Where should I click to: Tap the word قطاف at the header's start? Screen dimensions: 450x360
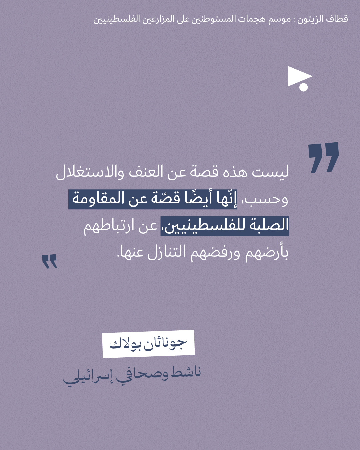337,19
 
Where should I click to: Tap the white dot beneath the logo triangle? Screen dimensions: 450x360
303,87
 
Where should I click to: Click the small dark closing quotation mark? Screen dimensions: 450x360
50,261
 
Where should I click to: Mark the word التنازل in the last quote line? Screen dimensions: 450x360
167,252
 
